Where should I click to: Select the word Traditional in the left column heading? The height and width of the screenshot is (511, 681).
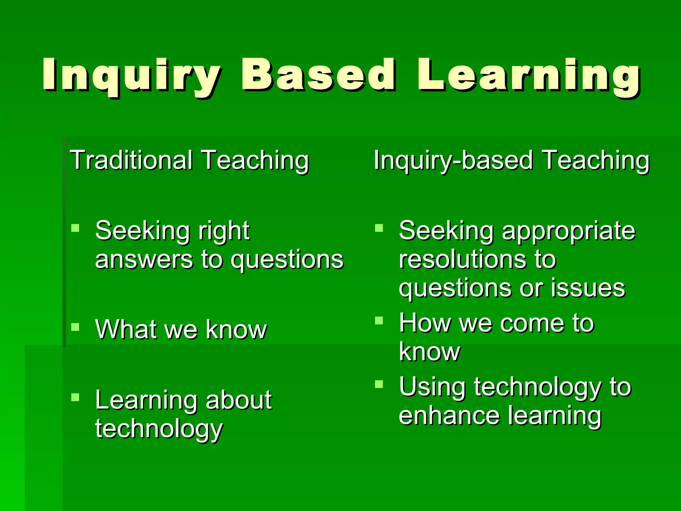tap(131, 160)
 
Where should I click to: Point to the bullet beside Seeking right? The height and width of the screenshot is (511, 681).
tap(75, 228)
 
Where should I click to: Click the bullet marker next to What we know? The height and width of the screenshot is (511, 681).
tap(75, 327)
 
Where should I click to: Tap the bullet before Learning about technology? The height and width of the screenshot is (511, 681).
tap(75, 397)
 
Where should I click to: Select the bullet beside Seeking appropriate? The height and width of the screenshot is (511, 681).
tap(379, 228)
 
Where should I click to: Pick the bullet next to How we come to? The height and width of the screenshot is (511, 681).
tap(379, 320)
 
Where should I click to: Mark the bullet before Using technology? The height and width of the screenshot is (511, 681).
tap(379, 384)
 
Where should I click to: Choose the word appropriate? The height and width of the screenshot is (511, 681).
tap(568, 231)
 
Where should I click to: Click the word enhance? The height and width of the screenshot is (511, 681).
tap(449, 416)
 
